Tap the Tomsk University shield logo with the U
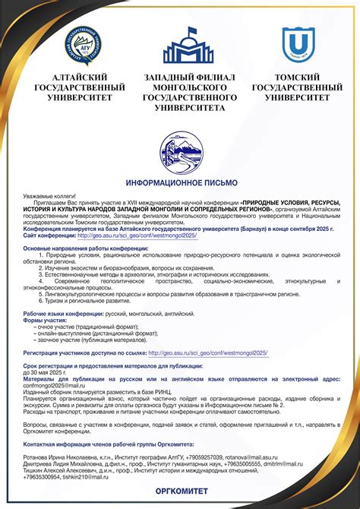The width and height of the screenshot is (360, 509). (x=295, y=43)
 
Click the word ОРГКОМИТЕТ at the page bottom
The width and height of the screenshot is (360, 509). (x=179, y=493)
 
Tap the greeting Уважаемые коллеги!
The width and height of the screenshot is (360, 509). (x=47, y=196)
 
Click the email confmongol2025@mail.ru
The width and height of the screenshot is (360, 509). (x=53, y=384)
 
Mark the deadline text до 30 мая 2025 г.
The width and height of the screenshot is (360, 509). (x=46, y=373)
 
